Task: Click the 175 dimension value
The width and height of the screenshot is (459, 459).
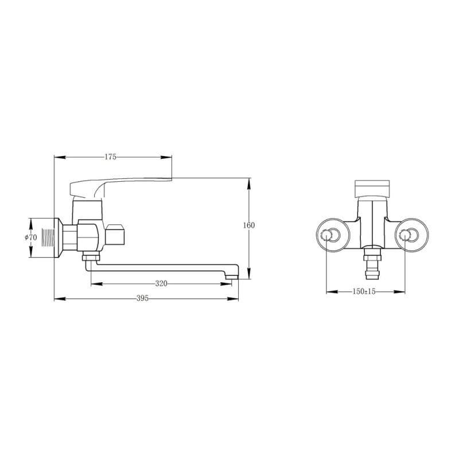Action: (110, 157)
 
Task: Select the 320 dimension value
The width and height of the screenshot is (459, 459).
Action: (161, 283)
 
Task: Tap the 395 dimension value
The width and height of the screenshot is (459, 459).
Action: (142, 298)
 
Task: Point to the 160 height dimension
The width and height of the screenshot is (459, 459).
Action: (249, 225)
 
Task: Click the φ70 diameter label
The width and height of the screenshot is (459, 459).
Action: (31, 237)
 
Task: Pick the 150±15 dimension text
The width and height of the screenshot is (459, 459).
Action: (364, 291)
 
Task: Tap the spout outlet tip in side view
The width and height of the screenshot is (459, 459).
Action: (232, 276)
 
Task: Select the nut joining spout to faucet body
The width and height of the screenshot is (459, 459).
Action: (91, 258)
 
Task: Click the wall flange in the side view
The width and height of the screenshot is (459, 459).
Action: (57, 238)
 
